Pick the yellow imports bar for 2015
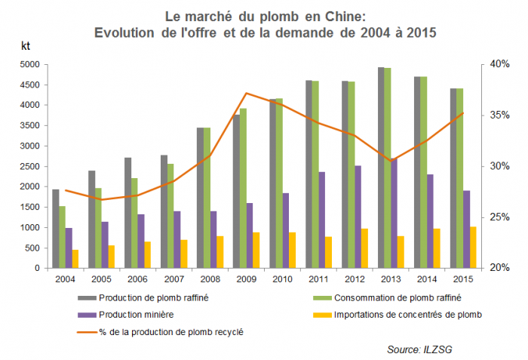[473, 248]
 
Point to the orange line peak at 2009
[246, 94]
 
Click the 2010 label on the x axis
[282, 279]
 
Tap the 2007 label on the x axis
[173, 279]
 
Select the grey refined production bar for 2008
[199, 198]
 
